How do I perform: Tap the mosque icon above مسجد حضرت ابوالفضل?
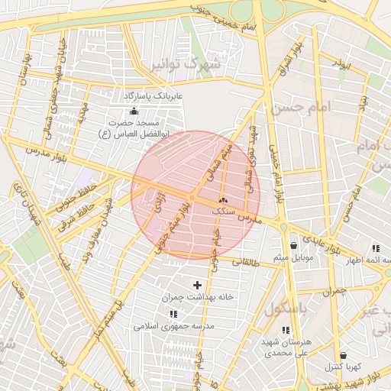(x=134, y=111)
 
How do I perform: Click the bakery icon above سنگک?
(x=222, y=199)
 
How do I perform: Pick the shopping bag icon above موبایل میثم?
(x=294, y=246)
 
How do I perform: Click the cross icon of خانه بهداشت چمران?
(x=197, y=285)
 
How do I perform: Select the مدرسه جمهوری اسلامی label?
(x=174, y=325)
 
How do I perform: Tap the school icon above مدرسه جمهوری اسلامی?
(x=173, y=313)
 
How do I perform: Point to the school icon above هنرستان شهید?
(x=286, y=331)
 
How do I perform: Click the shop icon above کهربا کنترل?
(x=343, y=355)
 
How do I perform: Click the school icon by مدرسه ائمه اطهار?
(x=376, y=248)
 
